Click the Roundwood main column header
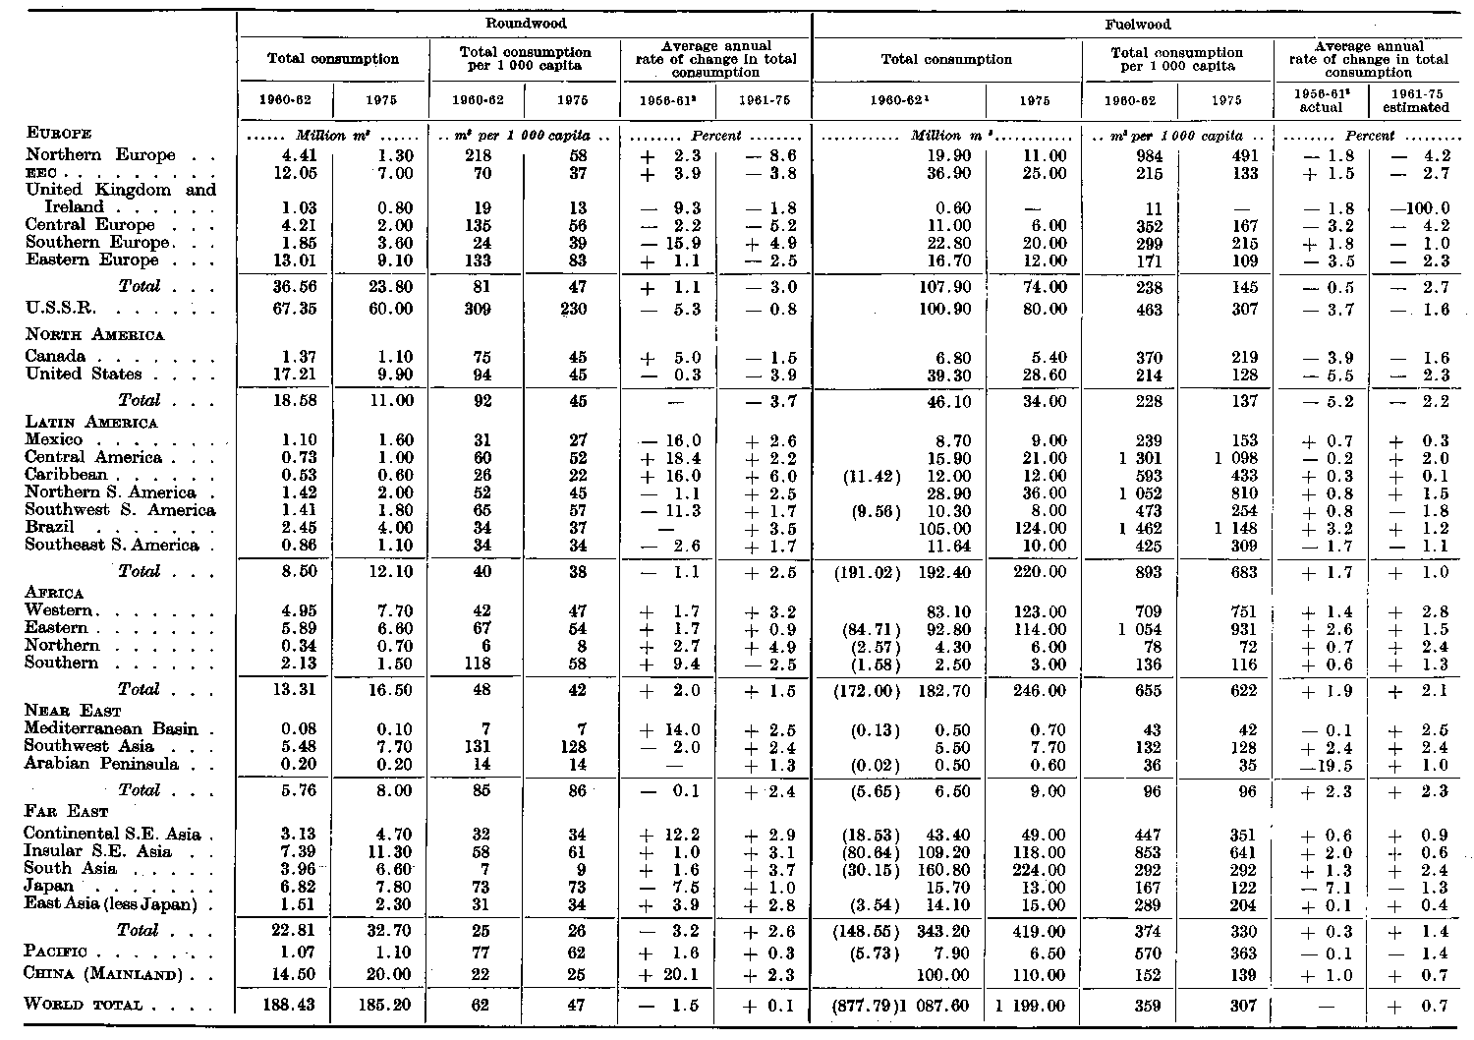[525, 23]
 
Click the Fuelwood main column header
[1137, 23]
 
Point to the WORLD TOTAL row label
[85, 1005]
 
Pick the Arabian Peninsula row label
[102, 764]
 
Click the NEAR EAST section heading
[69, 711]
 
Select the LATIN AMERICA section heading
[91, 423]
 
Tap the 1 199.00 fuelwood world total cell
[1032, 1006]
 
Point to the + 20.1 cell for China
[668, 976]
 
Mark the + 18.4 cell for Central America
[668, 458]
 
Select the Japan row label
[49, 887]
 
